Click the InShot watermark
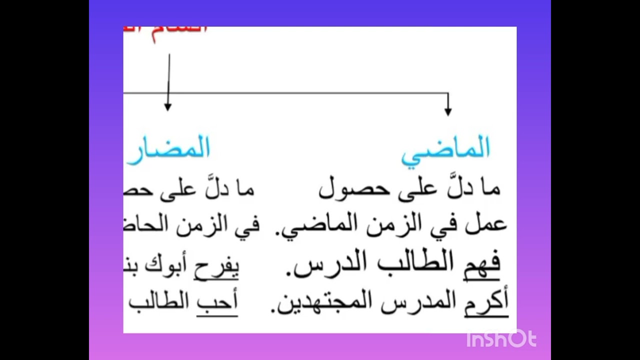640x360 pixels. coord(501,339)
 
